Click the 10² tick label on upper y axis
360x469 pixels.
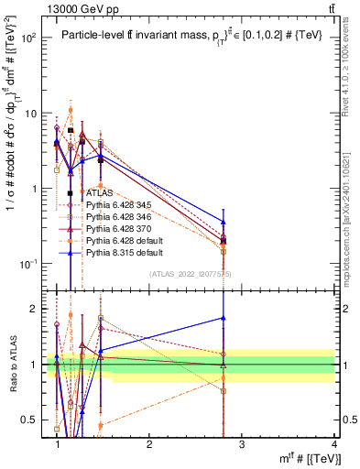click(30, 38)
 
